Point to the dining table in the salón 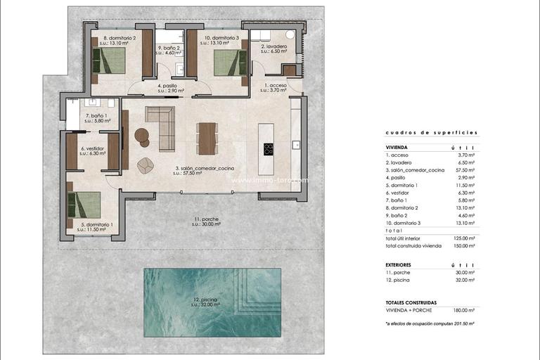(x=207, y=138)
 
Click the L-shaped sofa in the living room (x=163, y=127)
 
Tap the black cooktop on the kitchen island (x=269, y=148)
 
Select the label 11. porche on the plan (x=206, y=222)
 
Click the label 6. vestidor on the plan (x=93, y=150)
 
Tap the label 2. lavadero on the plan (x=274, y=48)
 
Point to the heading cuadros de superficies (x=431, y=132)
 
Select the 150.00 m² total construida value (x=463, y=245)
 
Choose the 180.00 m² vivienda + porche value (x=463, y=310)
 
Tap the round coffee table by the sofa (x=142, y=136)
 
